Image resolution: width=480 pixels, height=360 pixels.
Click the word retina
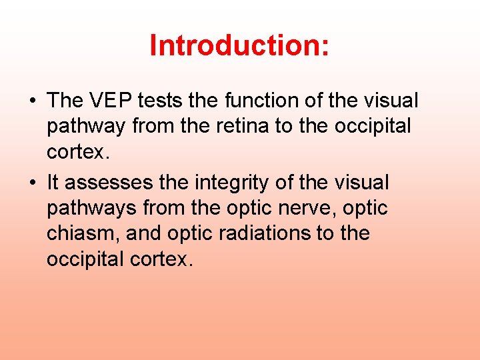242,126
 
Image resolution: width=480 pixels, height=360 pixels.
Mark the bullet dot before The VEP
32,101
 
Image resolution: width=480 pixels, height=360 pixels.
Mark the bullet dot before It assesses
32,183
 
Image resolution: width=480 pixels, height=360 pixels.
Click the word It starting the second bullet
53,182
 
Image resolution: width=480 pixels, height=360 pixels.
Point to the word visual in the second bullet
363,182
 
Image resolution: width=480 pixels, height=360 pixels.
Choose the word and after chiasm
143,233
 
